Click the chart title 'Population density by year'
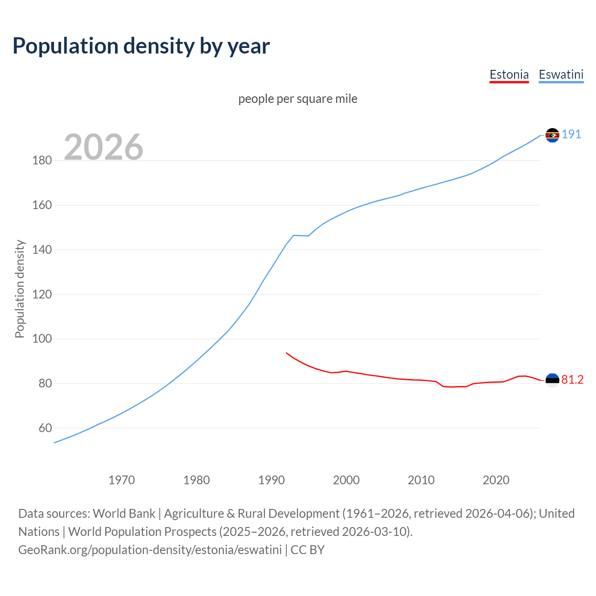(x=141, y=46)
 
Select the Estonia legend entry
(x=509, y=74)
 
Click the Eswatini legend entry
(x=561, y=74)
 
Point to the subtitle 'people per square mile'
(x=298, y=99)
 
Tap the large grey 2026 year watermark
(x=103, y=147)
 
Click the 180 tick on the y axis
(x=42, y=161)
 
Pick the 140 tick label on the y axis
(x=42, y=250)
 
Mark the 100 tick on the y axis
(x=42, y=339)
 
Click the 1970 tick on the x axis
(x=122, y=480)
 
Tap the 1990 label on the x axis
(x=271, y=480)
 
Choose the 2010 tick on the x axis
(x=421, y=480)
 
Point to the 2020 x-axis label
(x=496, y=480)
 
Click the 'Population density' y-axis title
(x=20, y=289)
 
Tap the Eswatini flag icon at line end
(x=552, y=135)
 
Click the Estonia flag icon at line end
(x=552, y=380)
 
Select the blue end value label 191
(x=571, y=135)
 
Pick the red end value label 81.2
(x=572, y=380)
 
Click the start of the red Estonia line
(x=286, y=353)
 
